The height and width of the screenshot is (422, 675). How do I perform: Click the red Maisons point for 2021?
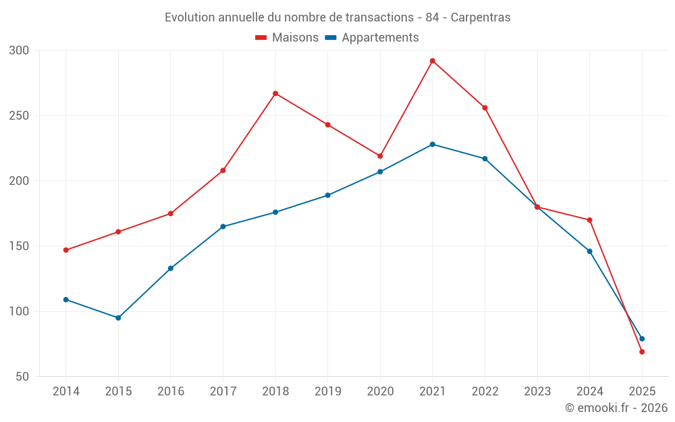tap(433, 61)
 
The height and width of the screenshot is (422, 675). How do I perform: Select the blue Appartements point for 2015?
tap(118, 318)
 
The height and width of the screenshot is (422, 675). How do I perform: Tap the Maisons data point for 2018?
tap(275, 93)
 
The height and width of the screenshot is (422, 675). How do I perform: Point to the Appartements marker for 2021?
tap(433, 144)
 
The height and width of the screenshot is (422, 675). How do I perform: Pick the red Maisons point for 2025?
tap(642, 352)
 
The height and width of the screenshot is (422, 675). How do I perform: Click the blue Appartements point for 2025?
tap(642, 339)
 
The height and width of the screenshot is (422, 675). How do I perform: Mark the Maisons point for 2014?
tap(66, 250)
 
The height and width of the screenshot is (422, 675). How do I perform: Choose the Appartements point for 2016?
tap(171, 268)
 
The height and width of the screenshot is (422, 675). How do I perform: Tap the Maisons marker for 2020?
tap(380, 156)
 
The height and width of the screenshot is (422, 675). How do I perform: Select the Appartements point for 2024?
tap(589, 251)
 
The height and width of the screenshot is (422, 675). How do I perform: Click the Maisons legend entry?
tap(287, 38)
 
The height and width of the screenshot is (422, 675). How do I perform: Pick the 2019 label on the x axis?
tap(328, 392)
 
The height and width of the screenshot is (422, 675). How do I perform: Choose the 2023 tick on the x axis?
tap(537, 392)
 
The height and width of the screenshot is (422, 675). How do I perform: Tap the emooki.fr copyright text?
tap(616, 408)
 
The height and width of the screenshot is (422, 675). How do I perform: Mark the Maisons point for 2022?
tap(485, 107)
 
